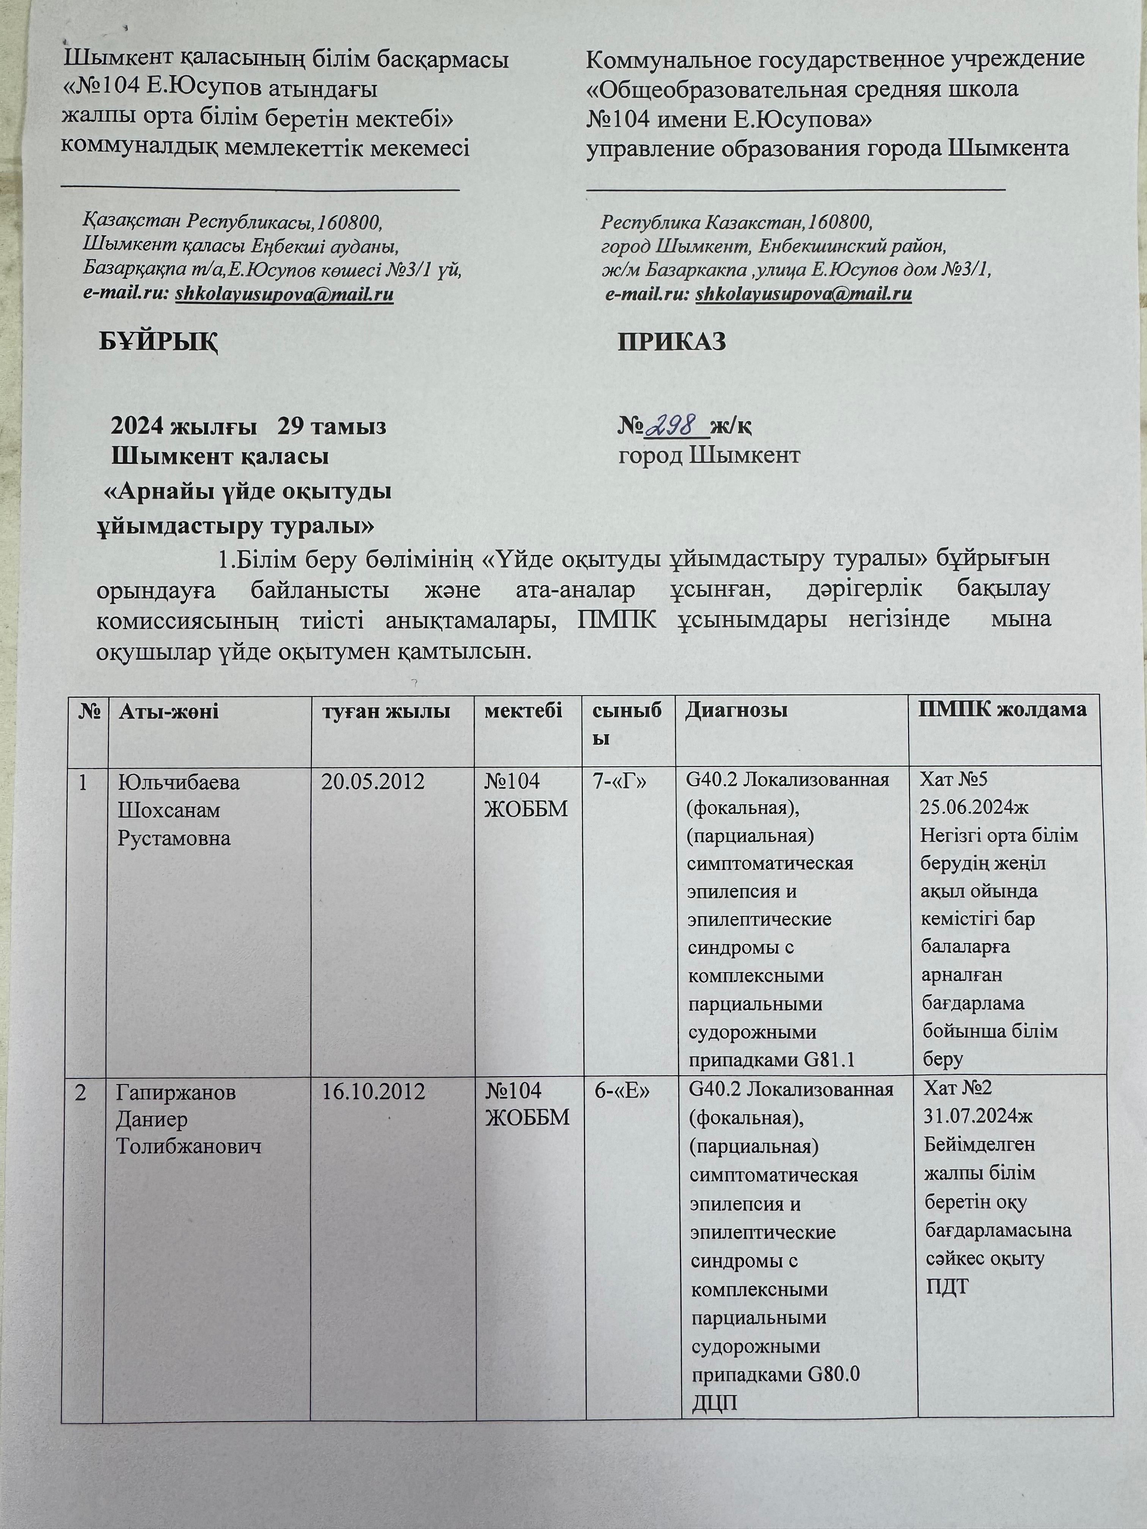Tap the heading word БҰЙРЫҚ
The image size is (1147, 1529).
coord(158,341)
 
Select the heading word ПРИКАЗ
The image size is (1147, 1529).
coord(671,341)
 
